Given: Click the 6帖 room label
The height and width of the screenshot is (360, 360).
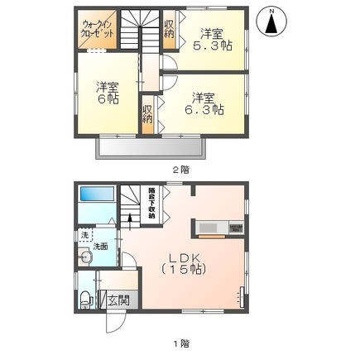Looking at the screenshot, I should (x=106, y=92).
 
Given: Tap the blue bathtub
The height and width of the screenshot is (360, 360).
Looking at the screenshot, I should (x=97, y=202).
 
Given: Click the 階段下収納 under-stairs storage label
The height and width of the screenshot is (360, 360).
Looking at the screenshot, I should (x=151, y=201).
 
